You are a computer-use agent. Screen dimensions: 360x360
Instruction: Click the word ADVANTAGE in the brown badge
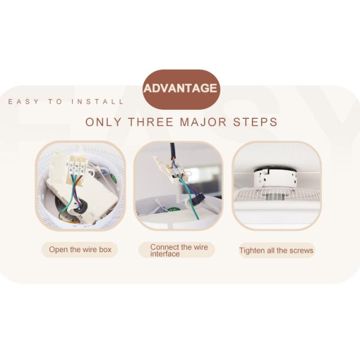(180, 88)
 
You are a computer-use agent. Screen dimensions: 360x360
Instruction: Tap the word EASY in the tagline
(23, 101)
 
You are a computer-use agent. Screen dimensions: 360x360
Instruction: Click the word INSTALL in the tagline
(98, 101)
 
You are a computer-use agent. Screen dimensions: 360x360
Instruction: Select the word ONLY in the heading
(103, 122)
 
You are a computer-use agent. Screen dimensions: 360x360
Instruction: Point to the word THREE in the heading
(151, 122)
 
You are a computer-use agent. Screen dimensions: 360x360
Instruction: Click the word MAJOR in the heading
(203, 122)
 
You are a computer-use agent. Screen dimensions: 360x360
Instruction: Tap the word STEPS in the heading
(256, 122)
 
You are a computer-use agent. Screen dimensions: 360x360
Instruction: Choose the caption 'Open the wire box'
(80, 250)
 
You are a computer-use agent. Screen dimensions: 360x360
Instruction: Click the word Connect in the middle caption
(164, 247)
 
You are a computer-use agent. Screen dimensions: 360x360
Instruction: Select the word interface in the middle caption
(165, 254)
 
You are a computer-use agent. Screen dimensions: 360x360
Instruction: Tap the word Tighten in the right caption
(252, 250)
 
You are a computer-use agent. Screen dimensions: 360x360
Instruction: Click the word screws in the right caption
(301, 250)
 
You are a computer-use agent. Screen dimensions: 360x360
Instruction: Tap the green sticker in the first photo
(113, 178)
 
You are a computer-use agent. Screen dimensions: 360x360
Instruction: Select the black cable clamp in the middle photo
(199, 199)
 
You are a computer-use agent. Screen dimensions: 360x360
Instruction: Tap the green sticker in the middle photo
(172, 210)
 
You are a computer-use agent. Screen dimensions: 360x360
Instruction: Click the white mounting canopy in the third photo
(274, 178)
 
